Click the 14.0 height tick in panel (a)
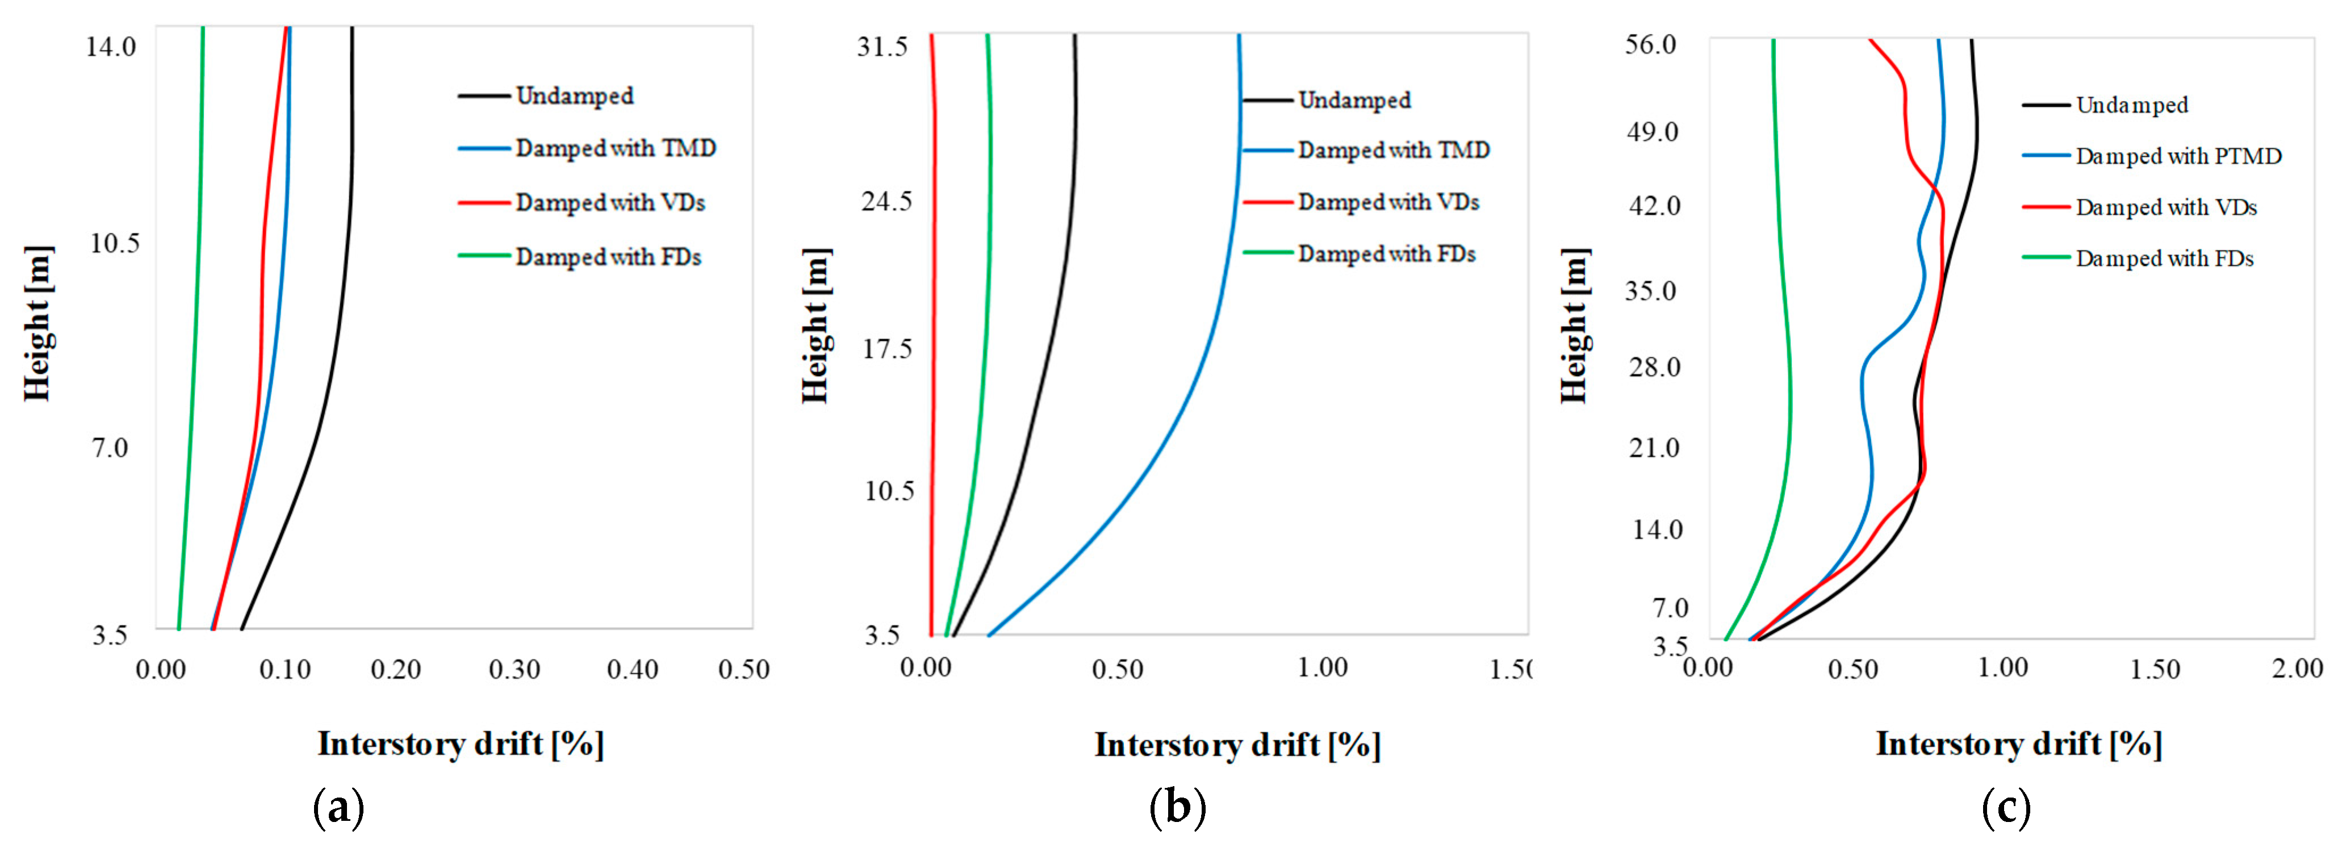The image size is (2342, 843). (111, 45)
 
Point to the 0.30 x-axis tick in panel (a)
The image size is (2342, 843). (515, 670)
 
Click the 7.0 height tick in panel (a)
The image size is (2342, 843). (110, 448)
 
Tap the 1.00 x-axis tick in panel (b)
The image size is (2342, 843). (1322, 669)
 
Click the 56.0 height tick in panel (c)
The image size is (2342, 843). (1650, 44)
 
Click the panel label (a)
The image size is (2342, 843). (338, 807)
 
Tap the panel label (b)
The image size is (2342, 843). (1177, 807)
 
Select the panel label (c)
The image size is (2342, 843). (2006, 807)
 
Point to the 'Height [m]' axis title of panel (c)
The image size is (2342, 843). (1575, 325)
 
